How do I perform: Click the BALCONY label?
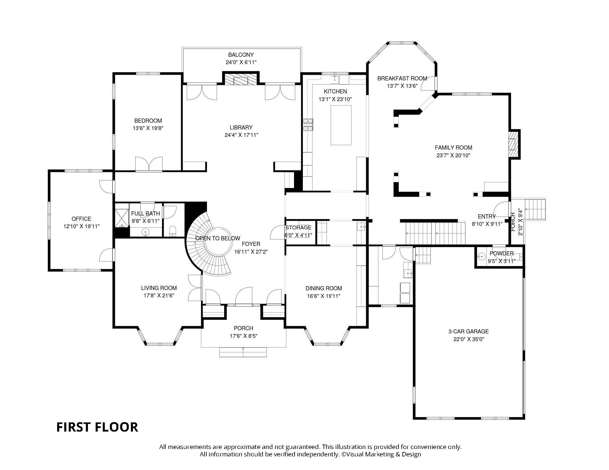[x=241, y=55]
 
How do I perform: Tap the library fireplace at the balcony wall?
[x=240, y=79]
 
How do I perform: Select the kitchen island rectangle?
[x=341, y=125]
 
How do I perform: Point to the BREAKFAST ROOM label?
[x=402, y=78]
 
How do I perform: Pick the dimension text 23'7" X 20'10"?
[x=453, y=155]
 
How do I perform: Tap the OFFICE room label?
[x=81, y=219]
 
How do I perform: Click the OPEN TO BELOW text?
[x=218, y=238]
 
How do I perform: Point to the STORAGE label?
[x=298, y=227]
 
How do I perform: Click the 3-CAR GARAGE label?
[x=468, y=331]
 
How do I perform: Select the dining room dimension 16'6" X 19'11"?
[x=323, y=296]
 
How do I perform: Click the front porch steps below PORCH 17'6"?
[x=243, y=352]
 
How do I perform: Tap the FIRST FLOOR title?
[x=97, y=427]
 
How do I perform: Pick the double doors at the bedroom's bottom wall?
[x=149, y=164]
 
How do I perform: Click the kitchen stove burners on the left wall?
[x=308, y=125]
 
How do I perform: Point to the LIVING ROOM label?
[x=159, y=288]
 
